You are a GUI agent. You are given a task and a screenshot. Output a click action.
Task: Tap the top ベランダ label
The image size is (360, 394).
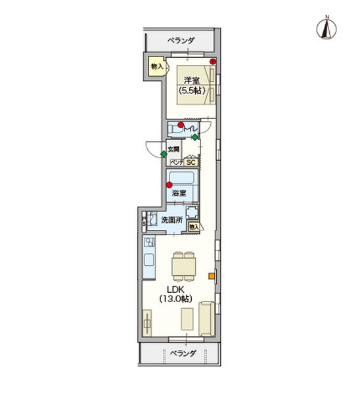point(181,41)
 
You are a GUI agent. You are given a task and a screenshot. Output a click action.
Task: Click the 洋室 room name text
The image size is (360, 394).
point(191,81)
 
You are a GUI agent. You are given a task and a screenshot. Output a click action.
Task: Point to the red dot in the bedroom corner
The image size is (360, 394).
point(213,62)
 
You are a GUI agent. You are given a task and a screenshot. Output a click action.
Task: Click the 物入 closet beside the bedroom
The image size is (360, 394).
point(156,67)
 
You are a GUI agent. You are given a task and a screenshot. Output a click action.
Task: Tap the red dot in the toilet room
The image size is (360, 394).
point(181,124)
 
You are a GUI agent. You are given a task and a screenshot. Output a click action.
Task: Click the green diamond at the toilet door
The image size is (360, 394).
point(194,137)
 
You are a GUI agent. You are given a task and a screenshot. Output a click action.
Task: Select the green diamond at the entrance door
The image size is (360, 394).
point(164,154)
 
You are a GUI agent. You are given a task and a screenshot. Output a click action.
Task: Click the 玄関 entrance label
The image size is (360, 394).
point(173,149)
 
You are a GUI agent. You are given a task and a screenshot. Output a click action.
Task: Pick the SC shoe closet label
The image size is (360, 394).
point(191,162)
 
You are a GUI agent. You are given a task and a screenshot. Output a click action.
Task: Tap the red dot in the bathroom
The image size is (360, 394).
point(169,185)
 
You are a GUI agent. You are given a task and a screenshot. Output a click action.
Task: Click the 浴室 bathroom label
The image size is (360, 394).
point(179,194)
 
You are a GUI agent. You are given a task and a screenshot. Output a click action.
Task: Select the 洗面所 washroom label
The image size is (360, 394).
point(171,220)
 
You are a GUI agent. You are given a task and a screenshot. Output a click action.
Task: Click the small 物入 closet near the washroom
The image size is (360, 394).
point(193,226)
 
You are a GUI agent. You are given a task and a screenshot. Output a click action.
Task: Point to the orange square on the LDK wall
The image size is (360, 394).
point(212,276)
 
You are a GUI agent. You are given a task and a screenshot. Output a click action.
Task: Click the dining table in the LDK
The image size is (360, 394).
point(183,267)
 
